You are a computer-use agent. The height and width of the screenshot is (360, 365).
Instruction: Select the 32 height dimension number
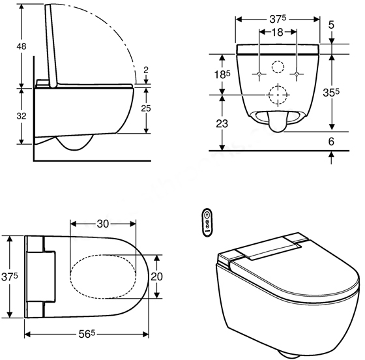click(x=8, y=116)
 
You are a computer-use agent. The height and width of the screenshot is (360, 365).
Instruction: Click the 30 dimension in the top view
click(x=102, y=223)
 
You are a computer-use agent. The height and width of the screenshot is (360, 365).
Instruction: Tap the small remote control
click(x=207, y=220)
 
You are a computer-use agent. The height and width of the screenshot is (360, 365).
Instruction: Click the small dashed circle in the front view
click(x=278, y=68)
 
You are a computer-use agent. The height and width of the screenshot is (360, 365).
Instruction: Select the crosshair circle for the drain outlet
click(x=278, y=95)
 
